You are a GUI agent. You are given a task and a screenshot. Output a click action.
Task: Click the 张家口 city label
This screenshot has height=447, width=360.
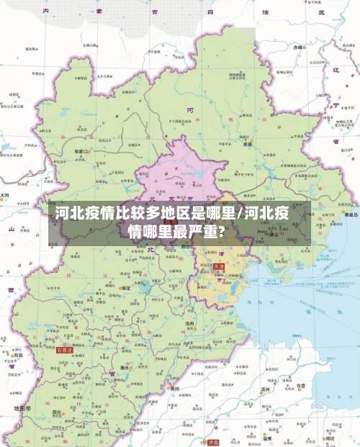(81, 152)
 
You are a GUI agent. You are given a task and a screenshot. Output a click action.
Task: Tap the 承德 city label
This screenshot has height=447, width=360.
(248, 144)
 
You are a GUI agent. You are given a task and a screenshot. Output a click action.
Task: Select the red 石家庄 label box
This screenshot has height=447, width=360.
(65, 350)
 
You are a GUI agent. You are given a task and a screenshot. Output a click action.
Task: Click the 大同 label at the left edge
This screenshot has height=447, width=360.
(5, 195)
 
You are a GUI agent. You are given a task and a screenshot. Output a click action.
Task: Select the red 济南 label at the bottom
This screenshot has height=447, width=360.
(214, 443)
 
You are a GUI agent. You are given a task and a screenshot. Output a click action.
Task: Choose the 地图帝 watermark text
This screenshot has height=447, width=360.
(22, 408)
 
